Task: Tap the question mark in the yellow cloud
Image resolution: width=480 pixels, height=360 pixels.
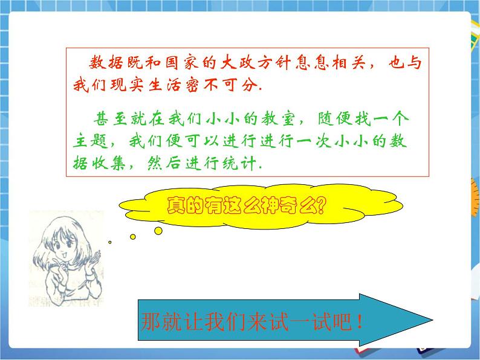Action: [x=319, y=207]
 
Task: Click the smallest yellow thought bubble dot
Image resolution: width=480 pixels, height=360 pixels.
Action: [x=109, y=242]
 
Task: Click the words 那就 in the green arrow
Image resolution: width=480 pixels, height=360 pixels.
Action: [x=157, y=321]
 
